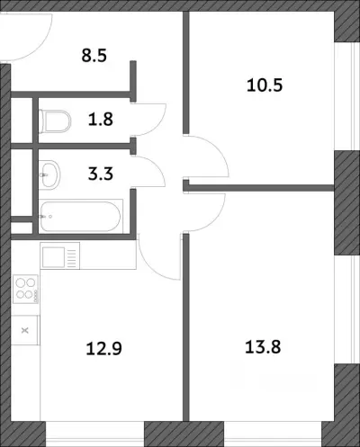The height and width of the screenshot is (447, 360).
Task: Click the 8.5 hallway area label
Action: point(94,56)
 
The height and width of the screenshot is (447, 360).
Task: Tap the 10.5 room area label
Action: point(265,85)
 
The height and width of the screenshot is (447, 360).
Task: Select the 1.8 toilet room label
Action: point(101,119)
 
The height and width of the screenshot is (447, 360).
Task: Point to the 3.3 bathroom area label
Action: point(101,174)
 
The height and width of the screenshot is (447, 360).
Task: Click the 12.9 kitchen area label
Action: point(103,349)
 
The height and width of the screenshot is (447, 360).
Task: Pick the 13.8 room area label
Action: point(263,347)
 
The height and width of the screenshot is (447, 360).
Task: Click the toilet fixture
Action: point(55,121)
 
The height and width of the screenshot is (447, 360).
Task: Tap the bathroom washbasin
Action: point(49,174)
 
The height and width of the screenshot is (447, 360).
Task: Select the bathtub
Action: point(81,217)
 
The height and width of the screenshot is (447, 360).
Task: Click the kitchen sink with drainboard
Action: point(59,256)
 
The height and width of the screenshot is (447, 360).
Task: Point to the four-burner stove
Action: point(25,290)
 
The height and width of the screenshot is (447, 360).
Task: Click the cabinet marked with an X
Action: point(25,330)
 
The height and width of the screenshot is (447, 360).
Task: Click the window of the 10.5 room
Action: point(347,96)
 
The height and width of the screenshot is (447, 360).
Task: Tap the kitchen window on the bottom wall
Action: point(95,434)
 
